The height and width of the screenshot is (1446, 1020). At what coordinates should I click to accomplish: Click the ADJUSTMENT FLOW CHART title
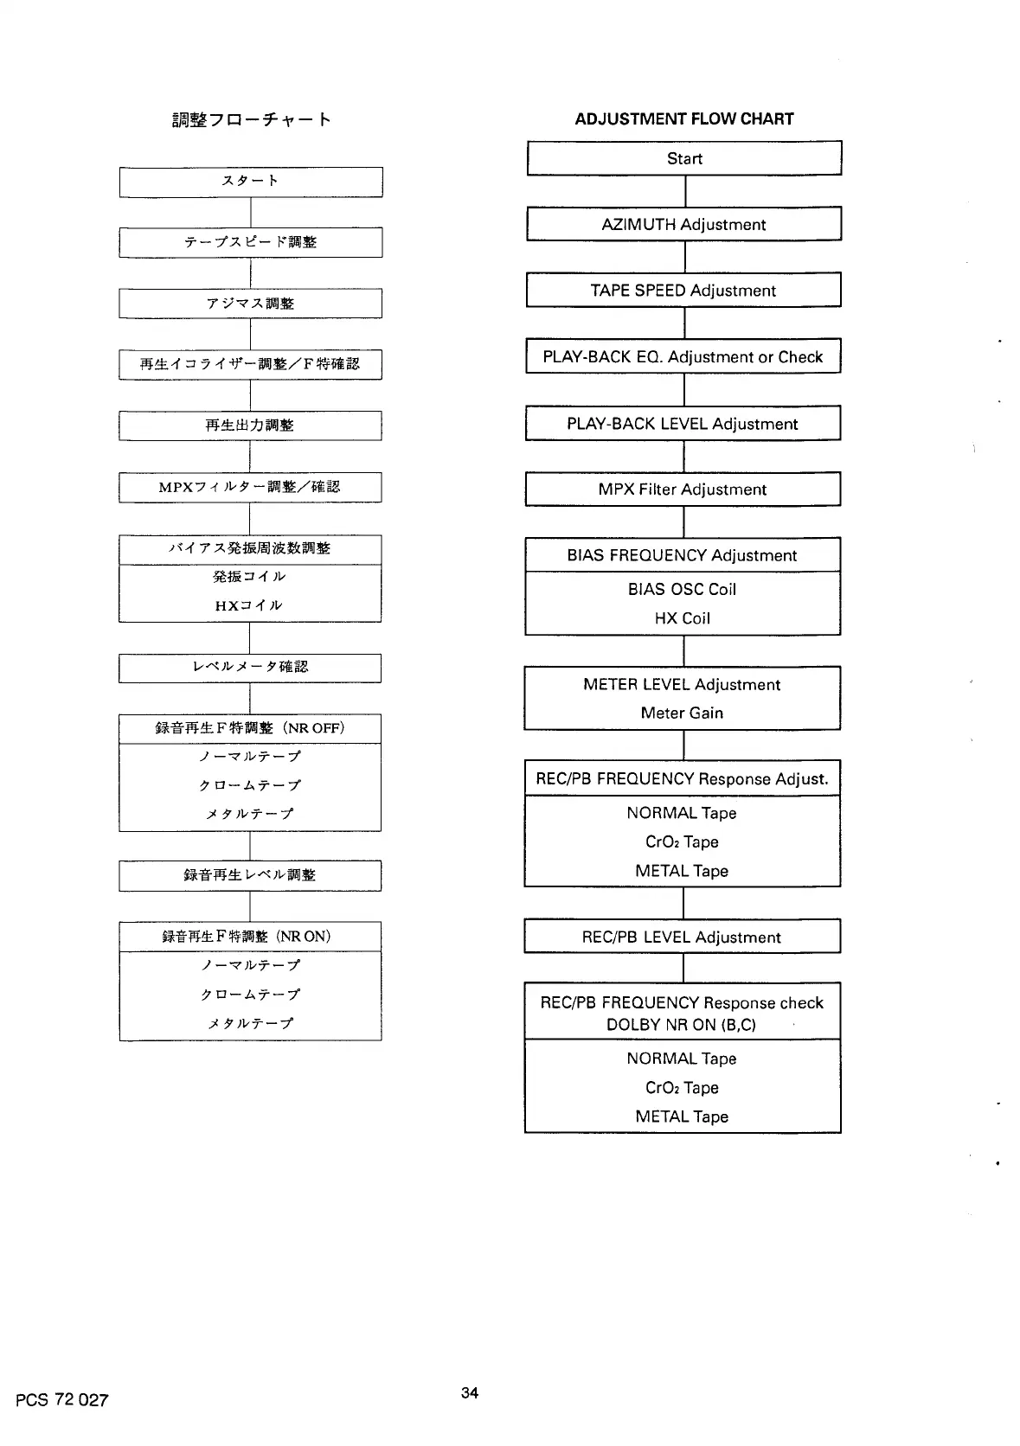click(683, 119)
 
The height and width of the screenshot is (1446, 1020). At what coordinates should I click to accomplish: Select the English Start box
click(683, 158)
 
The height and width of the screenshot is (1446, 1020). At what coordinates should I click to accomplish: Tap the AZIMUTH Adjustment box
click(683, 224)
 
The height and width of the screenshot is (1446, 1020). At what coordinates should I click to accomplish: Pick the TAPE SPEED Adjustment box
click(683, 291)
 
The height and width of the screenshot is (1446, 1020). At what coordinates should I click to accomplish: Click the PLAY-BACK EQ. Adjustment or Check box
click(683, 356)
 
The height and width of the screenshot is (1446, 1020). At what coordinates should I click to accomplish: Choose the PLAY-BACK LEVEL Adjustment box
click(683, 424)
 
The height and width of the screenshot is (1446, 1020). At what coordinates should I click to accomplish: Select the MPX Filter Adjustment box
click(683, 489)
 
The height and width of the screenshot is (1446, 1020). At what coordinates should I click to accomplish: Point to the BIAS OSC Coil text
click(682, 589)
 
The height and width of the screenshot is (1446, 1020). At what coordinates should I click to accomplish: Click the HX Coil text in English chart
click(682, 618)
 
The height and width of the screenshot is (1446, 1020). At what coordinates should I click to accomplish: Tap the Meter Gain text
click(682, 713)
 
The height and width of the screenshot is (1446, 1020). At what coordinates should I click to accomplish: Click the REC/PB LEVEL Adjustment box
click(682, 937)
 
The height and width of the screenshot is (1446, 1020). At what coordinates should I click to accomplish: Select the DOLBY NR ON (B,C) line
click(682, 1025)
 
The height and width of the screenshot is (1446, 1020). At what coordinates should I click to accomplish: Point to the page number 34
click(470, 1392)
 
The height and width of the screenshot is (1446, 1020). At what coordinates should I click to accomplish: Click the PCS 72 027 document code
click(61, 1400)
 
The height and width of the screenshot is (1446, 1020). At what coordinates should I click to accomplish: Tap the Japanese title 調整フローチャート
click(251, 119)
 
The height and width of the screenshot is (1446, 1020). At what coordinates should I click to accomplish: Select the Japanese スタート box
click(250, 182)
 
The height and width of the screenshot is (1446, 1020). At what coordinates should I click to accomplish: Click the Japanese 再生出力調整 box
click(250, 425)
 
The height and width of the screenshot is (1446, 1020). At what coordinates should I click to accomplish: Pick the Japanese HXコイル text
click(249, 605)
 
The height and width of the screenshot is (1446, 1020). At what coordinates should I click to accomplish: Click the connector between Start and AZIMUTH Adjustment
click(685, 191)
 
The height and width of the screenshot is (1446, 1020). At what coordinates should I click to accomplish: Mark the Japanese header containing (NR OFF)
click(250, 728)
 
